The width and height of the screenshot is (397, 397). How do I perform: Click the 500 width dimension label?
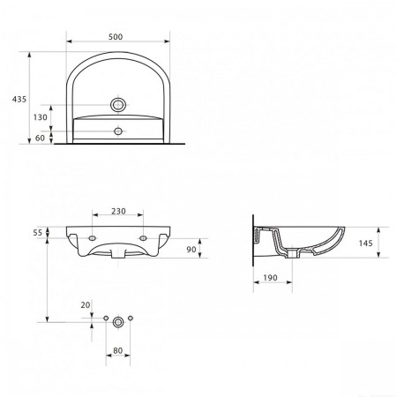tap(116, 37)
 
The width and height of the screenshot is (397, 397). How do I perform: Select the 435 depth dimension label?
tap(19, 100)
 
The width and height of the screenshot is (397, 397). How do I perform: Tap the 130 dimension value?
tap(40, 117)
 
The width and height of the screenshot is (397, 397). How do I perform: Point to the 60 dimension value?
tap(40, 138)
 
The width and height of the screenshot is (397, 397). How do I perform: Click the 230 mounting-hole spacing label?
tap(118, 211)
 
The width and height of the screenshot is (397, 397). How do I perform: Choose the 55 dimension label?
tap(38, 233)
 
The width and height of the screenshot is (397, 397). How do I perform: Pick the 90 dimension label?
tap(191, 250)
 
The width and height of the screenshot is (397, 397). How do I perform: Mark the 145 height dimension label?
tap(365, 243)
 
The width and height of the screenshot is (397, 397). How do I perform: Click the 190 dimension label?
tap(270, 278)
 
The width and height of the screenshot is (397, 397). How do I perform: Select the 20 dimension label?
tap(86, 305)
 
